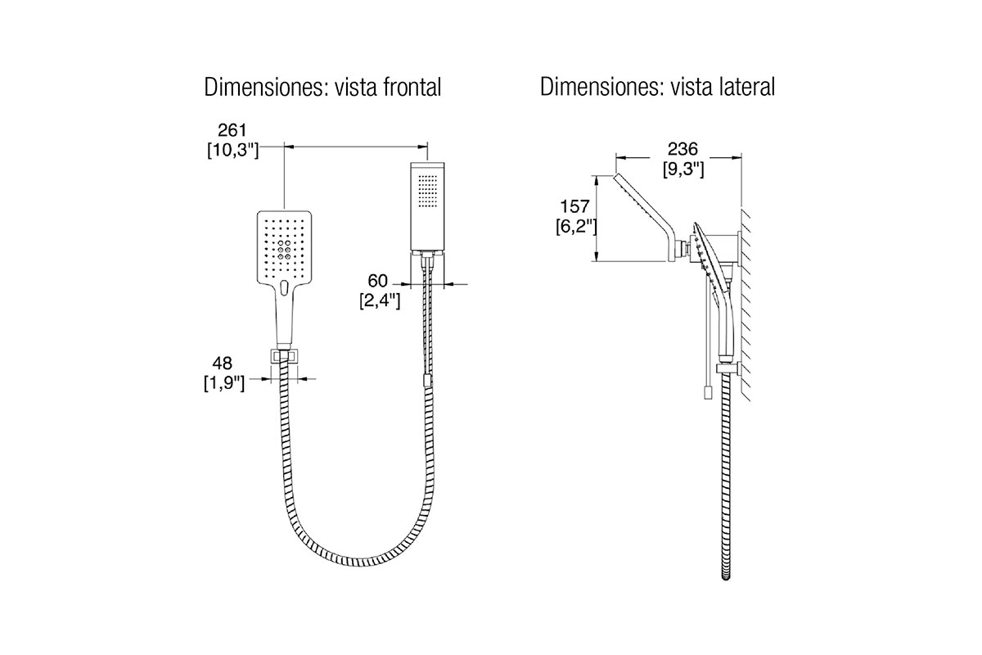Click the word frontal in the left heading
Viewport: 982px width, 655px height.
tap(412, 88)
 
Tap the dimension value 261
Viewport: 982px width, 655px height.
tap(232, 130)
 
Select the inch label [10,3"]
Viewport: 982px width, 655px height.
tap(232, 150)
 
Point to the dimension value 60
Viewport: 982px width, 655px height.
tap(377, 281)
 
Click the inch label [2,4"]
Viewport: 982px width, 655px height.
tap(380, 301)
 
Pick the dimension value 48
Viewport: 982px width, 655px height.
tap(223, 364)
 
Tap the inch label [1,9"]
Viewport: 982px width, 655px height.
tap(224, 383)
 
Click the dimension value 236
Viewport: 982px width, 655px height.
tap(682, 149)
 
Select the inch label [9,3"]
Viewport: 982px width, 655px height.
tap(683, 169)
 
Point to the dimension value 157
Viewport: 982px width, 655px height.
tap(574, 206)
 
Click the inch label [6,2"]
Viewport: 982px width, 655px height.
tap(576, 226)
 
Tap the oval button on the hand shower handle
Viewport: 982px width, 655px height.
tap(284, 288)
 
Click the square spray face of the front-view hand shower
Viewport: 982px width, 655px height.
tap(284, 247)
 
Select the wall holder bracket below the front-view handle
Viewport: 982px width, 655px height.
tap(285, 356)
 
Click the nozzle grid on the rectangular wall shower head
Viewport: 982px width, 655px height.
tap(428, 191)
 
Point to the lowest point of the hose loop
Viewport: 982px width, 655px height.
tap(358, 562)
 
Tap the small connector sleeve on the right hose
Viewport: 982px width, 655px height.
tap(427, 381)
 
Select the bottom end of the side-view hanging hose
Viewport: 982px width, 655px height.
tap(726, 577)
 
